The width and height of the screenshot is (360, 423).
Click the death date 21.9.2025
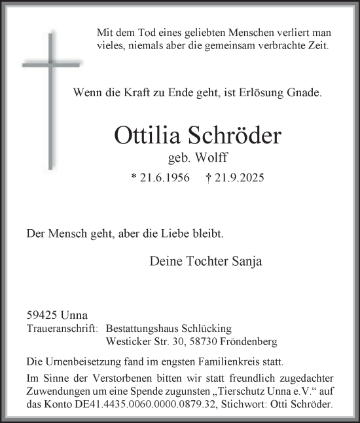[242, 178]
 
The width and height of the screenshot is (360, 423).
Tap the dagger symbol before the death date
[208, 178]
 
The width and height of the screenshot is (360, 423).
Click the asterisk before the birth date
[134, 179]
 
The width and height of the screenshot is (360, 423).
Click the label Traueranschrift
[62, 329]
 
